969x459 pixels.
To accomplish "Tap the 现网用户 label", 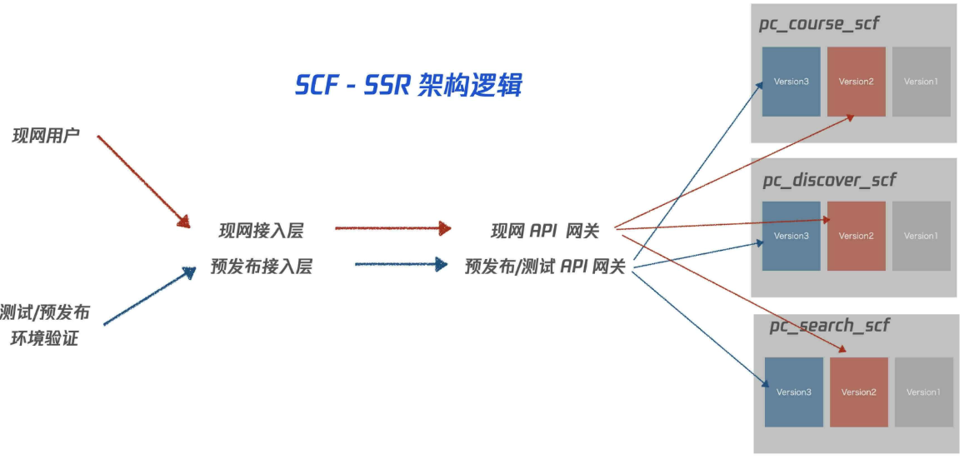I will [x=46, y=135].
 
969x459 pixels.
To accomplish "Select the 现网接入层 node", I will [x=261, y=231].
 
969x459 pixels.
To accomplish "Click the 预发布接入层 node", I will [x=261, y=267].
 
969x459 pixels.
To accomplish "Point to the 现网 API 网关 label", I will [x=545, y=231].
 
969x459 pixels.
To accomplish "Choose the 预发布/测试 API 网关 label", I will [x=545, y=267].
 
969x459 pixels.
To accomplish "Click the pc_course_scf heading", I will [x=818, y=23].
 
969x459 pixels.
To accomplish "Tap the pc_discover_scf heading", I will [x=829, y=180].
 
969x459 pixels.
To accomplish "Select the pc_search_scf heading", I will [x=829, y=325].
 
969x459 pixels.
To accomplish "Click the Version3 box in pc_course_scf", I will [x=791, y=82].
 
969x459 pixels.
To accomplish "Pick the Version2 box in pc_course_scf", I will [x=856, y=82].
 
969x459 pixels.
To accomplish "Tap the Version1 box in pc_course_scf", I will [x=921, y=82].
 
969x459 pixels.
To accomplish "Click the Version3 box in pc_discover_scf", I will [x=791, y=236].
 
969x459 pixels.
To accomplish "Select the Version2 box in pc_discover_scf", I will [x=856, y=236].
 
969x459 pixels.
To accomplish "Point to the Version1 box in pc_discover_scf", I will [x=921, y=236].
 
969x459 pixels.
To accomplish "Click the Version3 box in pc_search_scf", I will [x=793, y=392].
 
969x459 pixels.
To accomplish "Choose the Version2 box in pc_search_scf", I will [x=858, y=392].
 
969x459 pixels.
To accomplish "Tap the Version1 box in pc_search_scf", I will [x=923, y=392].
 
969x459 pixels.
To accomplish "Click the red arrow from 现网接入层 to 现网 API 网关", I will [x=392, y=227].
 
